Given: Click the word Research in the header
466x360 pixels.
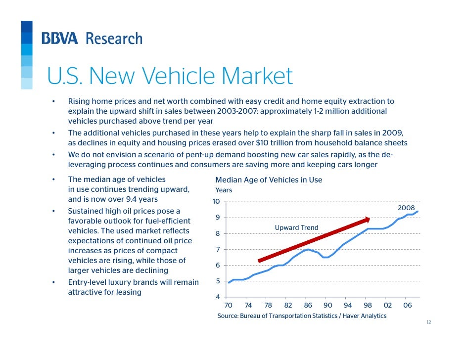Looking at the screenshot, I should click(114, 39).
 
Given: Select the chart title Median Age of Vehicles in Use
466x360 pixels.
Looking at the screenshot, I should click(269, 180).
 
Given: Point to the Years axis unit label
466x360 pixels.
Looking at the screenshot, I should click(224, 190).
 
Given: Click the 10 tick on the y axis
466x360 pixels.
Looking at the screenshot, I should click(216, 202).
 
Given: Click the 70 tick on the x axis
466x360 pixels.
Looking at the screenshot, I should click(228, 306).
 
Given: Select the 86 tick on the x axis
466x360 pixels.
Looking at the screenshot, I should click(308, 306).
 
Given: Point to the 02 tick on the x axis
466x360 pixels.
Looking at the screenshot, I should click(387, 306).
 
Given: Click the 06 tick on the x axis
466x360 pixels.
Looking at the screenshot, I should click(407, 306).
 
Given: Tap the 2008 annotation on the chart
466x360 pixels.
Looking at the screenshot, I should click(406, 208).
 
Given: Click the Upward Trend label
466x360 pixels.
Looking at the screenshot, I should click(296, 228).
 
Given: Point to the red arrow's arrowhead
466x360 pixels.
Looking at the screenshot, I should click(367, 220).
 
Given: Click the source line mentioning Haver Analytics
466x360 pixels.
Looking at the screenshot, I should click(302, 316).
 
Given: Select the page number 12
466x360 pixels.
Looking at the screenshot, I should click(428, 322).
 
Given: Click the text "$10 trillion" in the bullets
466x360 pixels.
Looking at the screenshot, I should click(271, 143).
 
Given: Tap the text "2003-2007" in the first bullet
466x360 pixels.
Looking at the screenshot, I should click(233, 111).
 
